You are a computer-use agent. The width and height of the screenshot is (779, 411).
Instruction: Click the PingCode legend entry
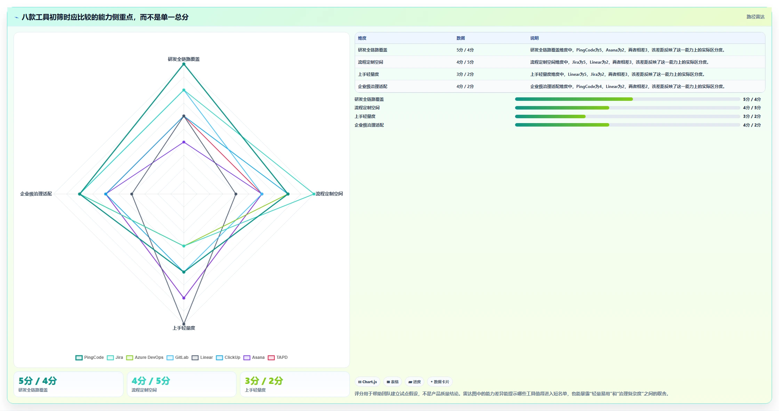(90, 357)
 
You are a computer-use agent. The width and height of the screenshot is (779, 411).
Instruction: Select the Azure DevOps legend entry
(145, 357)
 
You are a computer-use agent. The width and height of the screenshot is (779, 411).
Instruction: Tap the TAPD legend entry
(278, 357)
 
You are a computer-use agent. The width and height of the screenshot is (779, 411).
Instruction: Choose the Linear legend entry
(202, 357)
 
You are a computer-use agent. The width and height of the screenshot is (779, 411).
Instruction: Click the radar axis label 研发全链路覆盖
(184, 59)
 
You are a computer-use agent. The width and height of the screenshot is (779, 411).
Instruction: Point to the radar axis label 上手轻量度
(184, 328)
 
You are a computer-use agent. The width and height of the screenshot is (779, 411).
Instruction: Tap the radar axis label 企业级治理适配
(36, 194)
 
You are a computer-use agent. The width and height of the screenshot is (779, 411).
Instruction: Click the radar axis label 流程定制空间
(329, 194)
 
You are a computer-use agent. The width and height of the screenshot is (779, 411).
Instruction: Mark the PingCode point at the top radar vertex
(184, 64)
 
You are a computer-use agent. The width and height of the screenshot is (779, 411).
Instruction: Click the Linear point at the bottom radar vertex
(184, 324)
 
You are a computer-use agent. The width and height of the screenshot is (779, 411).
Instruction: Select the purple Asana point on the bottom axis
(184, 298)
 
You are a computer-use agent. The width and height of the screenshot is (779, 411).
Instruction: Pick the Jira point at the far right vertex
(314, 194)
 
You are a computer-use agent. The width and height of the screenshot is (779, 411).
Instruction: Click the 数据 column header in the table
(460, 38)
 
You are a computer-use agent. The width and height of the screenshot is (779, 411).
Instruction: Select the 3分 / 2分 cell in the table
(465, 74)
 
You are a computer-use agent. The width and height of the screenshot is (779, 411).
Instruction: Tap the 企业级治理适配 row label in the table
(372, 87)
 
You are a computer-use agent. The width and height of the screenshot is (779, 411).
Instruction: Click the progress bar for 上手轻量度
(627, 116)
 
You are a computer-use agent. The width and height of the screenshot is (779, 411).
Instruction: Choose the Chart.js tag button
(368, 382)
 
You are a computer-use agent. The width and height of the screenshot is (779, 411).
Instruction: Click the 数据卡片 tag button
(440, 382)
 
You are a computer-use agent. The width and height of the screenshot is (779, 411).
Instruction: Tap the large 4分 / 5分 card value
(151, 381)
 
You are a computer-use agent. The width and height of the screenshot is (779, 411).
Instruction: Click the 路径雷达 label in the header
(755, 17)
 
